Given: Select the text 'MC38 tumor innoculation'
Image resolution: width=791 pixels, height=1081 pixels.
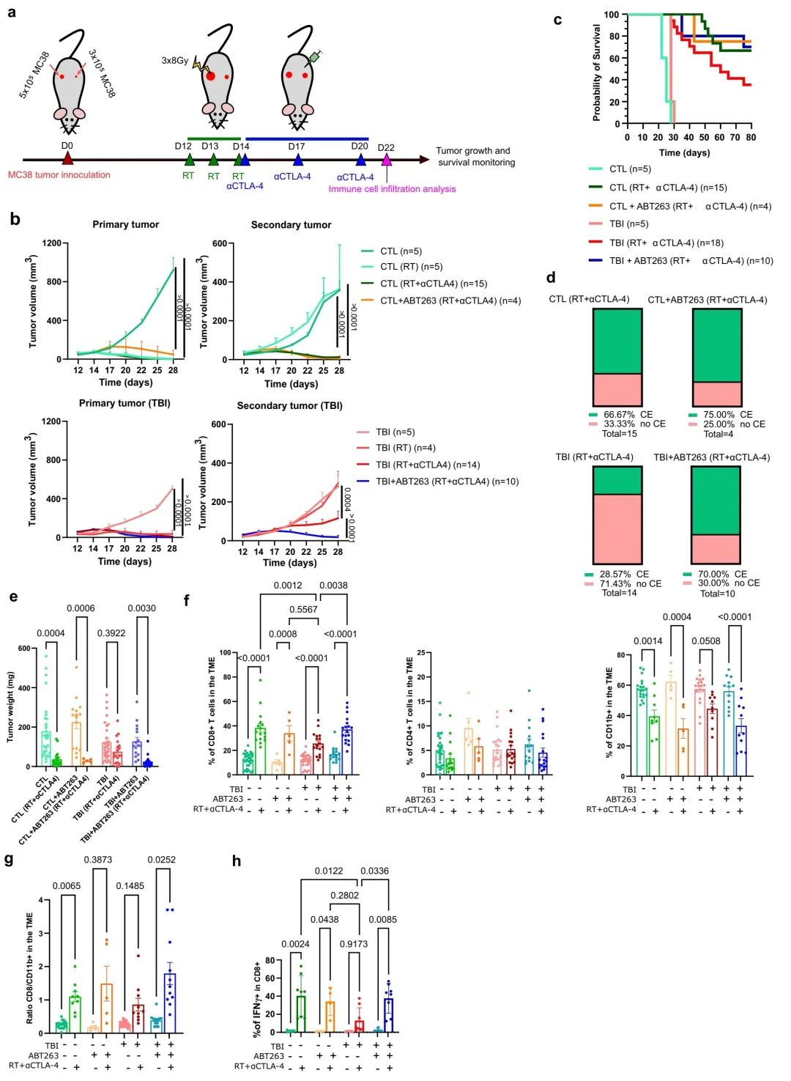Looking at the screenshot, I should click(59, 175).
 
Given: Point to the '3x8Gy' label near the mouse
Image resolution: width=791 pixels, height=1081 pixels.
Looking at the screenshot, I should click(175, 61).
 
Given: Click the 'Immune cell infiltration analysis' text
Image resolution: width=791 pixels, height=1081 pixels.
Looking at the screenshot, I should click(392, 189).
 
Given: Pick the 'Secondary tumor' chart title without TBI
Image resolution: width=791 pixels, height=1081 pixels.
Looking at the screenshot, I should click(291, 225).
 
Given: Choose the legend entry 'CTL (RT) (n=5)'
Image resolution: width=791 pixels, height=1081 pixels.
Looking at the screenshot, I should click(411, 267).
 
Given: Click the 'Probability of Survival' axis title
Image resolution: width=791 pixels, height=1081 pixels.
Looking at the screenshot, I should click(597, 73).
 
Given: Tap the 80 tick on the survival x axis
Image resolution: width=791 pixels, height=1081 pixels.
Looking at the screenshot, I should click(751, 137).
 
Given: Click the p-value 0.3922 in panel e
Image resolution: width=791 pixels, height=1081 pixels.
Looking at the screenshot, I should click(111, 633).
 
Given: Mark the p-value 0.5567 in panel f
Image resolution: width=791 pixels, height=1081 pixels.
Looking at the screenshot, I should click(303, 610).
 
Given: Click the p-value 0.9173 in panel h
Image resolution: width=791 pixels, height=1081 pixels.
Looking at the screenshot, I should click(354, 945).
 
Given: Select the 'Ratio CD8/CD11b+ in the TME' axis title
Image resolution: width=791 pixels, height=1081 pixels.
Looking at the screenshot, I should click(30, 967).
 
